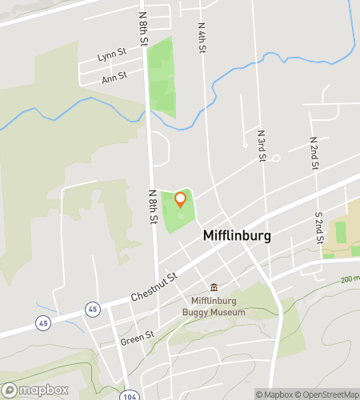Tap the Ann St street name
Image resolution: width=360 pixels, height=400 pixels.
click(x=114, y=76)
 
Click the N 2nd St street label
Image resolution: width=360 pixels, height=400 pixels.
click(x=315, y=154)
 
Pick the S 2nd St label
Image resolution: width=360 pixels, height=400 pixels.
click(x=318, y=228)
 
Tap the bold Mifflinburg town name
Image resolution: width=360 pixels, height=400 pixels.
click(x=237, y=237)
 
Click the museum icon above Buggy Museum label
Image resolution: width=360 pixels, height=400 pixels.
click(x=214, y=287)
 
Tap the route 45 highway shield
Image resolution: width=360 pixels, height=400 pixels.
click(x=42, y=321)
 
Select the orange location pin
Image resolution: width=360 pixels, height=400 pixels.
click(x=181, y=199)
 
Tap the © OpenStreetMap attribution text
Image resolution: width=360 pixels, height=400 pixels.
click(x=328, y=394)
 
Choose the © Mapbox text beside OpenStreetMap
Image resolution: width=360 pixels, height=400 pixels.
click(x=274, y=394)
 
